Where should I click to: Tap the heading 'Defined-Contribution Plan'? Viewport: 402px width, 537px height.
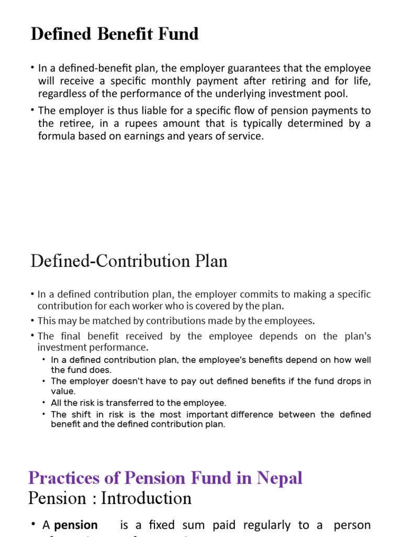pyautogui.click(x=129, y=261)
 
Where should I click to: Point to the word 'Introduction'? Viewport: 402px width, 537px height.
pyautogui.click(x=146, y=498)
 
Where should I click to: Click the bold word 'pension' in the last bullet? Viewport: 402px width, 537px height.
pyautogui.click(x=76, y=525)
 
